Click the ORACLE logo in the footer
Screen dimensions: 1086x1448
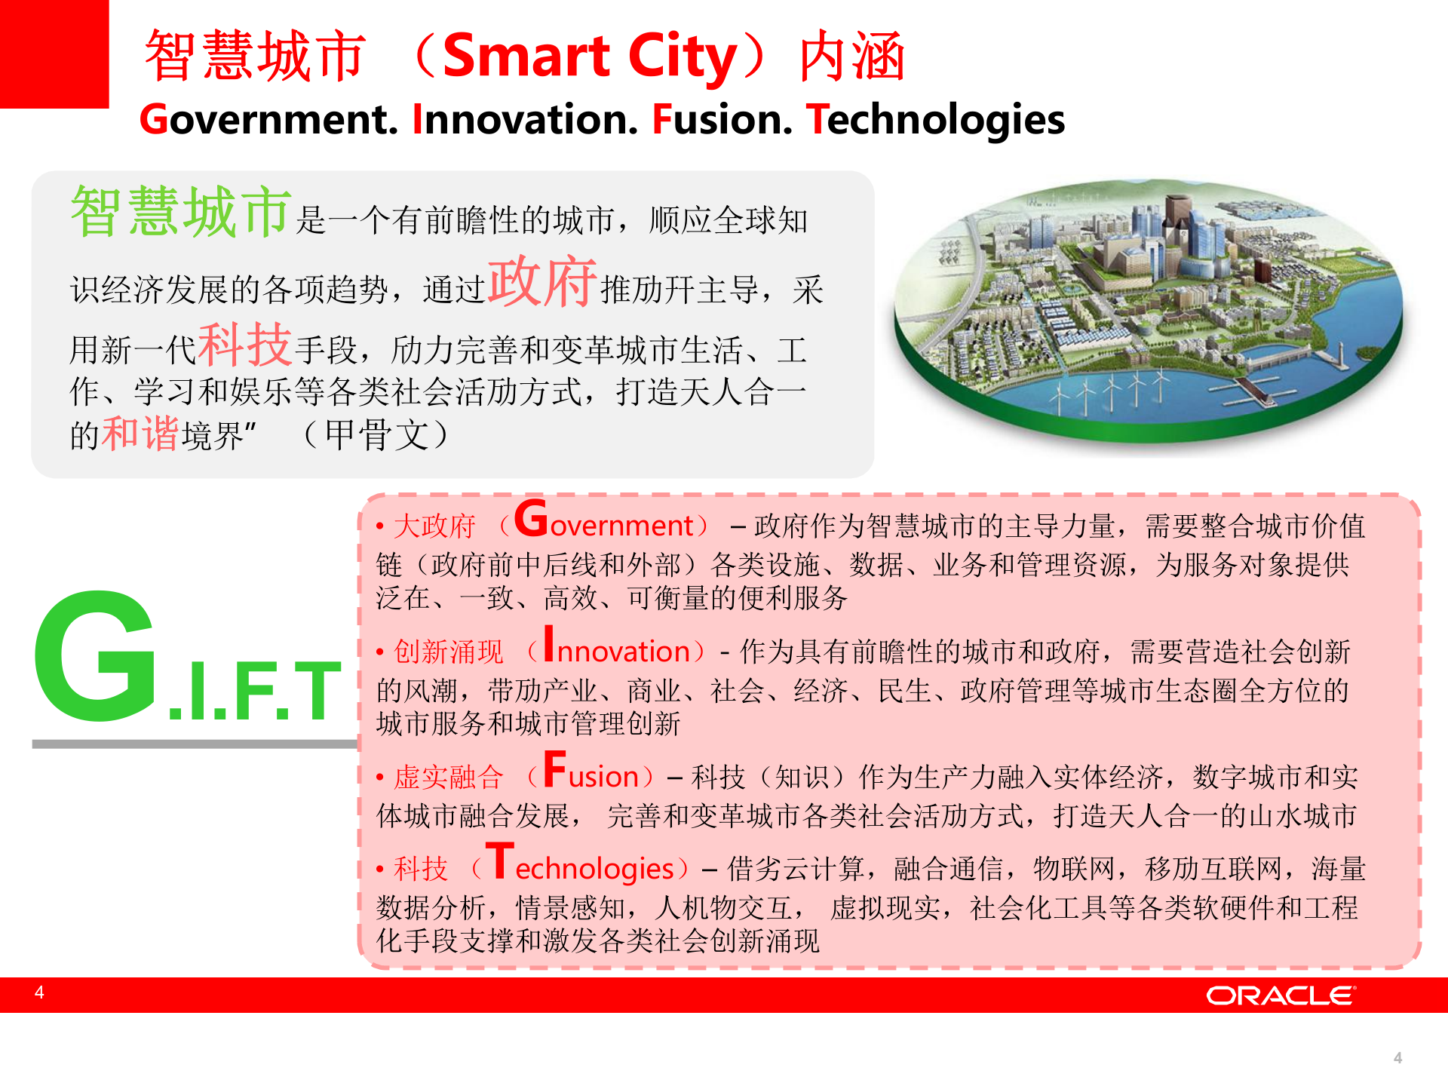pos(1280,995)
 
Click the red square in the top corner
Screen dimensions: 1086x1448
pos(54,54)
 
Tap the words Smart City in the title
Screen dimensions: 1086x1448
pos(589,57)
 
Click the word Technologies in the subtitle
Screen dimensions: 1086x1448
pos(935,120)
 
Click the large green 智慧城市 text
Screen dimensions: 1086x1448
pos(181,212)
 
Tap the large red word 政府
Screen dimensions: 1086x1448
pos(542,282)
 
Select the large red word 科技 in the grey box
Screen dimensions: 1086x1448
pos(244,344)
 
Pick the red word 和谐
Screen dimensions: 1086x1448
pos(140,434)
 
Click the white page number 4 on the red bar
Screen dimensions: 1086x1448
pos(39,992)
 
